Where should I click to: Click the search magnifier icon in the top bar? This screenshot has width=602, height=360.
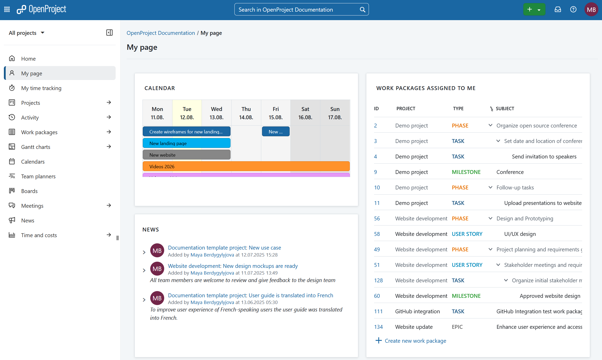click(362, 10)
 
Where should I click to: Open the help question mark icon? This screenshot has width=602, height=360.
click(573, 10)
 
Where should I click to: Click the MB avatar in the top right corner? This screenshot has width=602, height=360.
click(591, 10)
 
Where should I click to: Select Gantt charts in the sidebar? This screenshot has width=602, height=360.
click(36, 147)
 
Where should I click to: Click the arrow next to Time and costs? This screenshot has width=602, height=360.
click(109, 235)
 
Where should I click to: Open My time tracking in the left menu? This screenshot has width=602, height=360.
click(41, 88)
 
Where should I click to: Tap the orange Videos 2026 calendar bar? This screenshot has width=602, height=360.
click(246, 166)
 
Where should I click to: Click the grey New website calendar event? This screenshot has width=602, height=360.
click(186, 155)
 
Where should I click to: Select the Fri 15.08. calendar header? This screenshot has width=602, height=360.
click(275, 113)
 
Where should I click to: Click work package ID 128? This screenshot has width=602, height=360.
click(378, 280)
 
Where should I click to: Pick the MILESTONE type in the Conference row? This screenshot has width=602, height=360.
click(466, 172)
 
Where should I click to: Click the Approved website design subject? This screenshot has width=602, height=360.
click(550, 296)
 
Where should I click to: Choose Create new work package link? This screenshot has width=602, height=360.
click(415, 341)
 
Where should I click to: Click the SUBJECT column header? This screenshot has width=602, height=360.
click(505, 108)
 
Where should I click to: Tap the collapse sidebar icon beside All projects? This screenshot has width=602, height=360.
click(109, 33)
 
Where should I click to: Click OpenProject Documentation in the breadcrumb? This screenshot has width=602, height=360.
click(161, 33)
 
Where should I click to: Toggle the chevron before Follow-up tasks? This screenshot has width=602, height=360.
click(490, 187)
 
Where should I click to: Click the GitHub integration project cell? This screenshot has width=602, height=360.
click(417, 311)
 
